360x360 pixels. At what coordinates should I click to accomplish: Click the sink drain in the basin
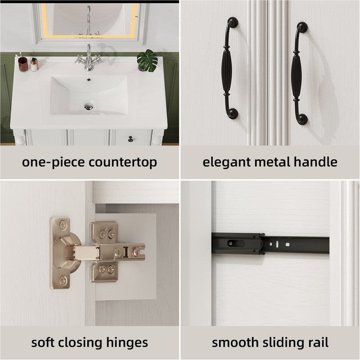click(x=89, y=106)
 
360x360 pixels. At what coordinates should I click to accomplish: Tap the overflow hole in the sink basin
click(x=89, y=80)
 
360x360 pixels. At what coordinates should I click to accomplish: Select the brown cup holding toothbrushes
click(x=23, y=64)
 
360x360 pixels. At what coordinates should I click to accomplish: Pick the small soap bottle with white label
click(x=34, y=64)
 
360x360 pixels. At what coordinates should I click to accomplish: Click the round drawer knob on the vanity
click(x=131, y=139)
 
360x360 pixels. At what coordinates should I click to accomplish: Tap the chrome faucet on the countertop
click(x=89, y=58)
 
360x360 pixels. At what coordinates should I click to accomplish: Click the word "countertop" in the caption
click(x=123, y=162)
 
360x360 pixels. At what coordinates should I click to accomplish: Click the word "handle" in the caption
click(x=315, y=162)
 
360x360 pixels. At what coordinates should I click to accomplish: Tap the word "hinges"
click(x=127, y=343)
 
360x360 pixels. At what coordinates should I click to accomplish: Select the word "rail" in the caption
click(x=318, y=342)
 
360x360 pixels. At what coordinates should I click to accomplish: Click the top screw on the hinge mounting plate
click(x=63, y=225)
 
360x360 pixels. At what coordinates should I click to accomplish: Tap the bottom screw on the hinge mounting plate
click(x=63, y=280)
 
